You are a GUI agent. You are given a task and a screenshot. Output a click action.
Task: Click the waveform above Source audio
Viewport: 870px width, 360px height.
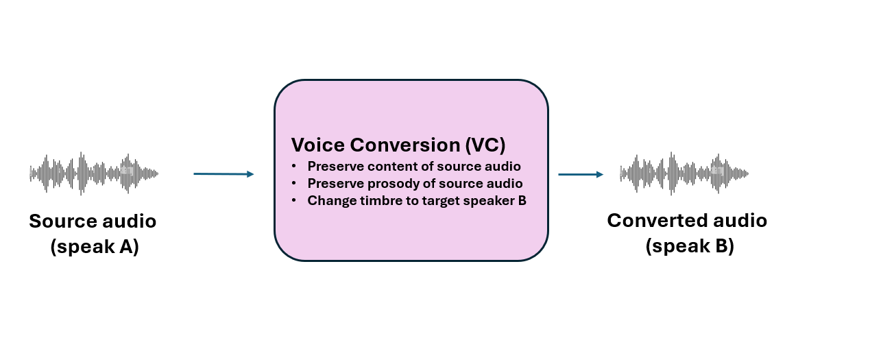point(94,173)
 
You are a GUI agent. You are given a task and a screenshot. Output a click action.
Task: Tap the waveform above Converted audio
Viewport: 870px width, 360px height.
point(684,173)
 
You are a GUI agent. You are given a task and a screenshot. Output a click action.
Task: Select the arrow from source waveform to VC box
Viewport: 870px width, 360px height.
point(223,174)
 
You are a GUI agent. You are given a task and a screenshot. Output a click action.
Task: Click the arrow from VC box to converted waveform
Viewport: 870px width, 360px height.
point(581,174)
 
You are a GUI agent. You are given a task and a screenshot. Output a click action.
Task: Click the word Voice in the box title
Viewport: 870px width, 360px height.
point(317,145)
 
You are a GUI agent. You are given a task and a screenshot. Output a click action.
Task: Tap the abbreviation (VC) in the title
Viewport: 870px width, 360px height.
point(485,145)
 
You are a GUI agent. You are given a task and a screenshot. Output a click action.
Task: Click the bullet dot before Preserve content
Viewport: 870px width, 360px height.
point(293,166)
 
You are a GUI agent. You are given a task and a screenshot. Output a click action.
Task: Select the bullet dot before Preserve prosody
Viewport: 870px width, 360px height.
point(293,183)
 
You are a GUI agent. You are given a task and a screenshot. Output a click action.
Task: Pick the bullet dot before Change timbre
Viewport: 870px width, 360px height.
point(293,200)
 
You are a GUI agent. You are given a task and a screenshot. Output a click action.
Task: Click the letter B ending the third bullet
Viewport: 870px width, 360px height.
point(522,200)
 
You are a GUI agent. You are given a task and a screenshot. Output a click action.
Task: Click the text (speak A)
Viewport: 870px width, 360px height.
point(95,247)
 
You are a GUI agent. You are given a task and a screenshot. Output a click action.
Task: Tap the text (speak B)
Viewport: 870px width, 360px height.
point(690,246)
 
